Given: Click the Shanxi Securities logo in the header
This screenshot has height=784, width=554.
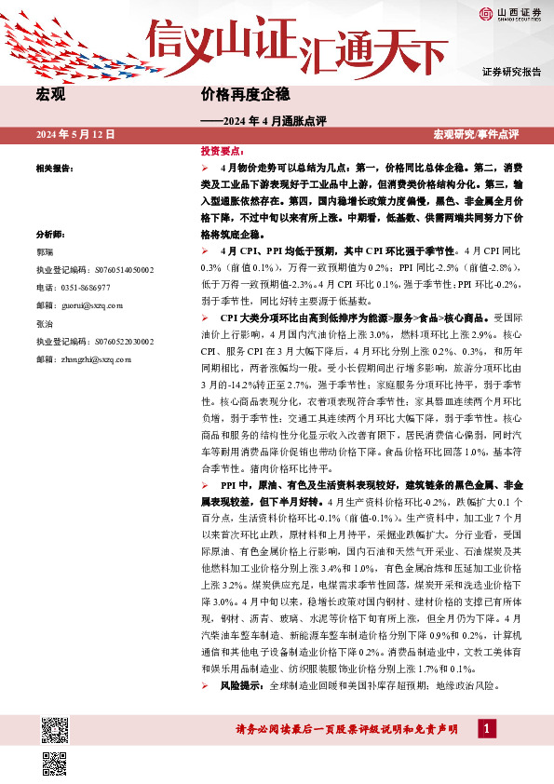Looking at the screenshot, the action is tap(510, 12).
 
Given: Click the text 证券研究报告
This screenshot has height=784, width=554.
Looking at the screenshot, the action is tap(511, 72).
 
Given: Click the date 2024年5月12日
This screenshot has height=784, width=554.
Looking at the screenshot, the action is tap(75, 135).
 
